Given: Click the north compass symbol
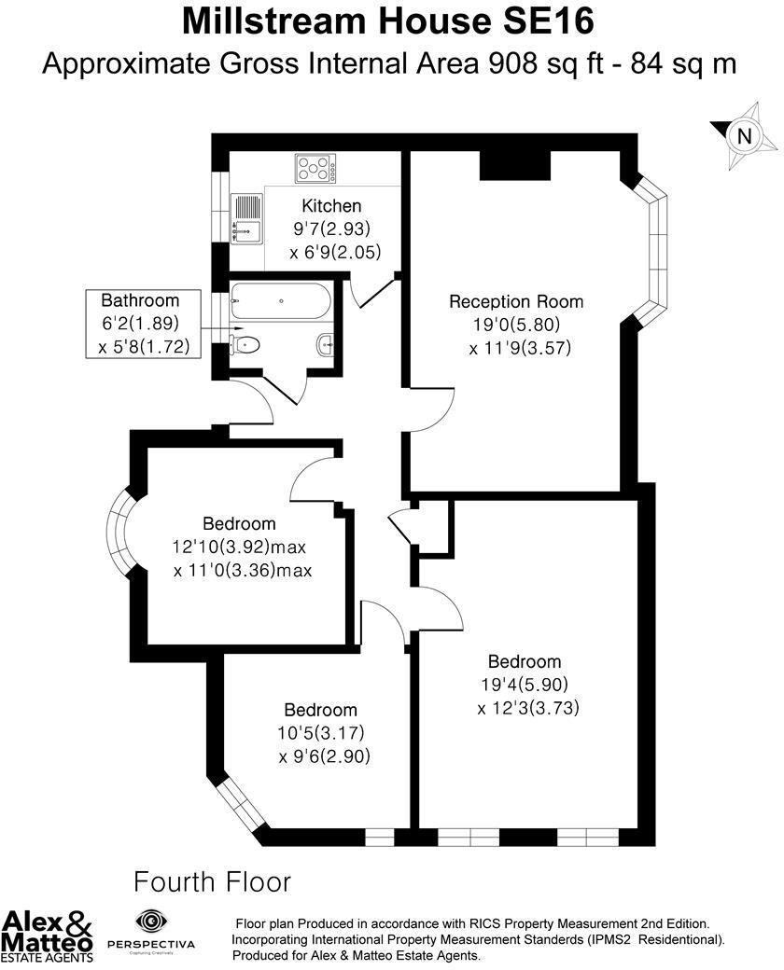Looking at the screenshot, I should [743, 136].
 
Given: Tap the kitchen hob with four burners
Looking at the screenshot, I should [315, 169].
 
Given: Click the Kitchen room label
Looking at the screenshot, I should [331, 206].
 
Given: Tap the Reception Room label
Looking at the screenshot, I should [515, 301].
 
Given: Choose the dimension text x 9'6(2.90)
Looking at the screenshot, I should [324, 756].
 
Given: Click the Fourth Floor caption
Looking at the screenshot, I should [213, 881].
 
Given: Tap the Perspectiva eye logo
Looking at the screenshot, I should [149, 921].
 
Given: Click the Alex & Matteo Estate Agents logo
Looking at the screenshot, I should [48, 935].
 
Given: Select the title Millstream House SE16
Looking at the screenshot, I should [388, 21].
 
